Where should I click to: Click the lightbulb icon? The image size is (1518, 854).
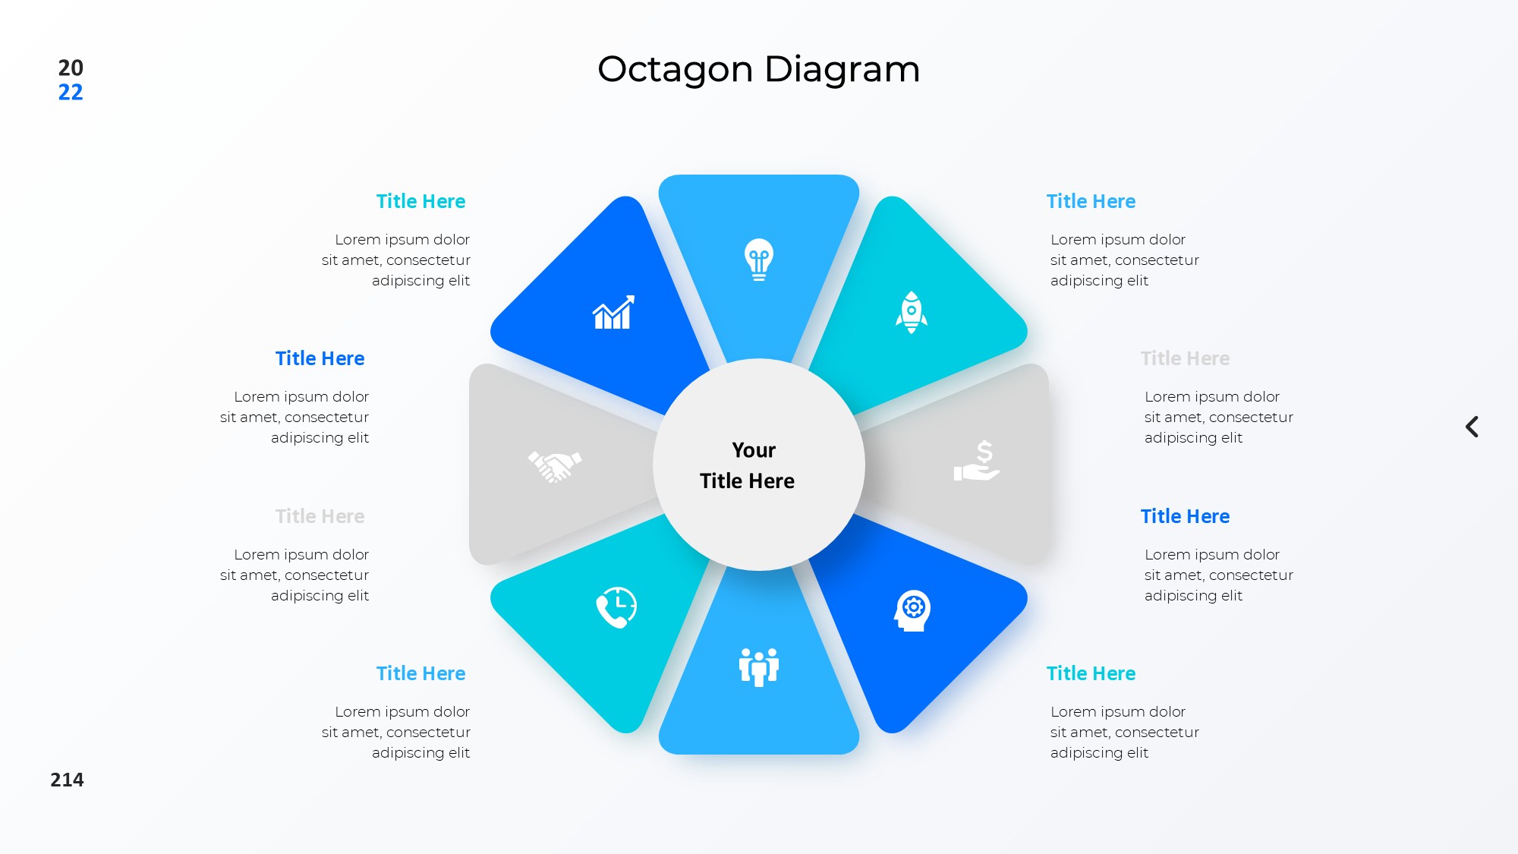click(759, 260)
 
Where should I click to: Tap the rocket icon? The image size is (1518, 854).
click(911, 312)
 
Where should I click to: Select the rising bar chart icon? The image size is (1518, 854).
click(613, 312)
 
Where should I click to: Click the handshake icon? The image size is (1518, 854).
click(555, 466)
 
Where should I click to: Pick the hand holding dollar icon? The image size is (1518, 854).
click(977, 461)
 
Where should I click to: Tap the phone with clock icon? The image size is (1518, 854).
click(616, 607)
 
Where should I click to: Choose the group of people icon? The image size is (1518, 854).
click(759, 667)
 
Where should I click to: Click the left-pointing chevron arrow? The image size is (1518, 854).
click(1472, 427)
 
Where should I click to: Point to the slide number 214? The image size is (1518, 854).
click(67, 780)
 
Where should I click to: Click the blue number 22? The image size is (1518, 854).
click(71, 93)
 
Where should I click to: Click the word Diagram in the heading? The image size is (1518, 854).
click(842, 70)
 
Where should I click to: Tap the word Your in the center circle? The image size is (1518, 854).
click(754, 450)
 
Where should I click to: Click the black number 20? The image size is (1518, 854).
click(71, 68)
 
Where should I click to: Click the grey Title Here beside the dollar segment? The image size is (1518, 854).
click(1185, 358)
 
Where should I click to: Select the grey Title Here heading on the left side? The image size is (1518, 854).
click(320, 516)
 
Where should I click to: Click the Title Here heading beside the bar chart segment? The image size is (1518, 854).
click(420, 201)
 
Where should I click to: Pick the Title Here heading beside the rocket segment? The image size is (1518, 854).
click(1091, 201)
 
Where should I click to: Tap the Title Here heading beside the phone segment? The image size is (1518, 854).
click(420, 673)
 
